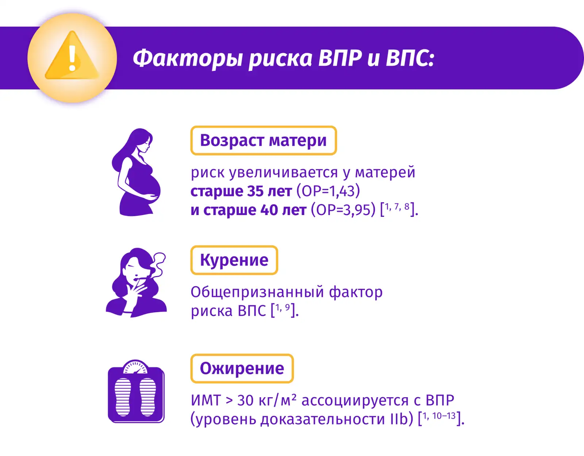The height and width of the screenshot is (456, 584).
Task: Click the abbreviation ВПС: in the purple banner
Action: point(410,58)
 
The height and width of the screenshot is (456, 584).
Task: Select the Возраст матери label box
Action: point(264,140)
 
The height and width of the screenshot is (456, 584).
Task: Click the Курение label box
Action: point(234,260)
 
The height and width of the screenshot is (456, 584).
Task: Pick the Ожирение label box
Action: point(242,368)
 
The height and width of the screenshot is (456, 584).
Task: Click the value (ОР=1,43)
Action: point(328,191)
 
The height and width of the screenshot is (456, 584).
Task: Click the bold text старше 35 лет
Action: point(241,191)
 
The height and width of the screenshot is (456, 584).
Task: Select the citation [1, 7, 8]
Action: point(399,210)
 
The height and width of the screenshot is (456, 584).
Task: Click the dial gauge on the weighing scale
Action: point(135,367)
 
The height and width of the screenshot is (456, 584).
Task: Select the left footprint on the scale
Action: point(123,396)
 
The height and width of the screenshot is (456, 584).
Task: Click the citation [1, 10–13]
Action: point(441,419)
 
